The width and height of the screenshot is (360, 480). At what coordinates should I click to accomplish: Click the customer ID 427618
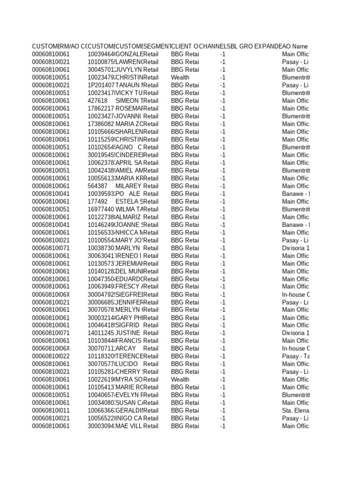pos(97,101)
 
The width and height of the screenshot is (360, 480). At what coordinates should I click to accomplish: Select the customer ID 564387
pos(97,186)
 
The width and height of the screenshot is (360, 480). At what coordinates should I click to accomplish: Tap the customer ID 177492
pos(97,202)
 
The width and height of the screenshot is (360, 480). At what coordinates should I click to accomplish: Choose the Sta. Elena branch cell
pos(295,411)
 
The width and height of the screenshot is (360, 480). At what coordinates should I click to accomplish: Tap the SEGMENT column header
pos(157,46)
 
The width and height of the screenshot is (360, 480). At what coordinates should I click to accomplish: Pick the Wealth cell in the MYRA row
pos(180,380)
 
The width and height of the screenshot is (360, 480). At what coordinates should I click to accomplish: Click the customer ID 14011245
pos(101,333)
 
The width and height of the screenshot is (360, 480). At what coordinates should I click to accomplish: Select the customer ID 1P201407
pos(101,85)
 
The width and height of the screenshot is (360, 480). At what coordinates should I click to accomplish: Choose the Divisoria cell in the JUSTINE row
pos(295,333)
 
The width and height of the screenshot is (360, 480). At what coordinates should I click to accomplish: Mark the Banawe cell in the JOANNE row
pos(295,225)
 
